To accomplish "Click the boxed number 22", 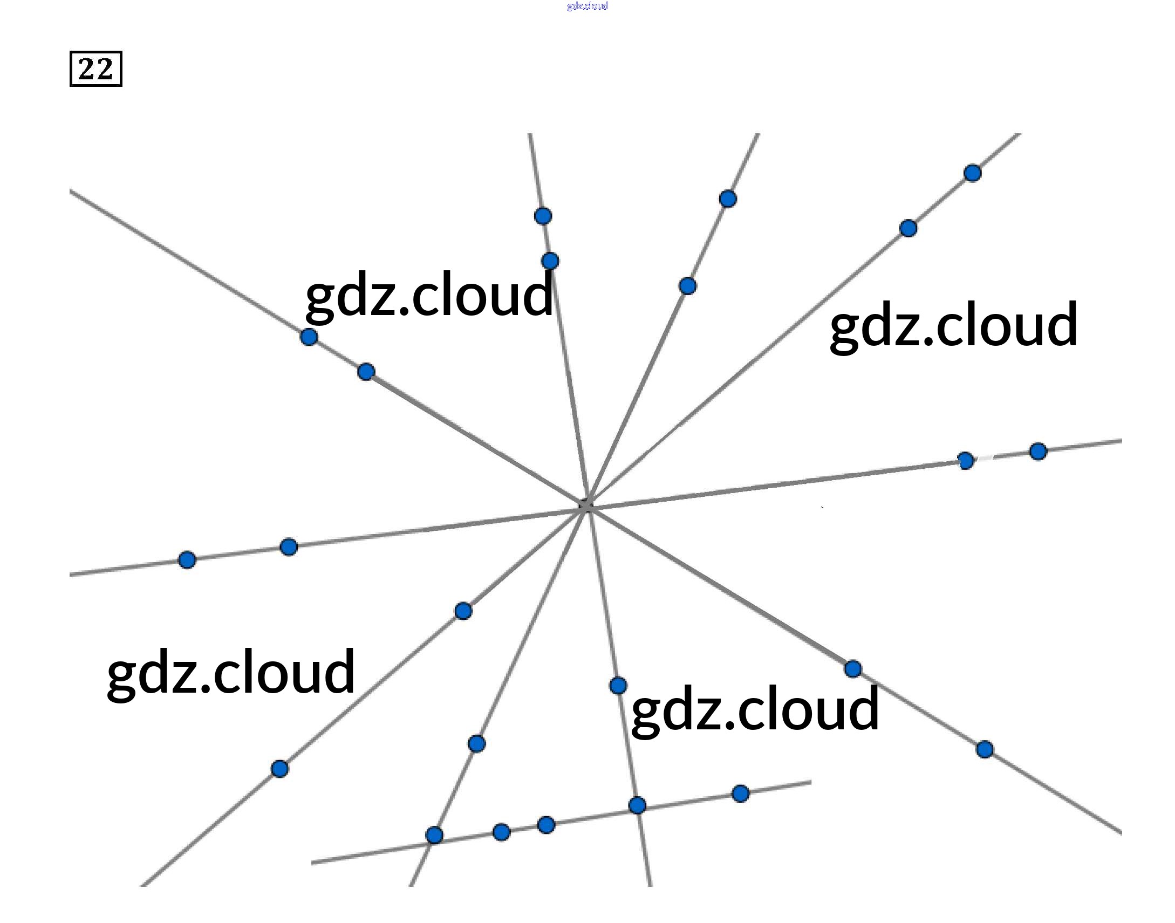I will [95, 69].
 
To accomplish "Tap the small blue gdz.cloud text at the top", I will [587, 6].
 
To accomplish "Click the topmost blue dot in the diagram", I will [972, 173].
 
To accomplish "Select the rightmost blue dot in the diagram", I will [1038, 450].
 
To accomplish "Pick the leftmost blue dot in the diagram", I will [187, 559].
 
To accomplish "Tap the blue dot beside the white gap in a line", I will [966, 460].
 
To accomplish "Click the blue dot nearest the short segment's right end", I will [741, 794].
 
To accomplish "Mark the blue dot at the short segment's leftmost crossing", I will [434, 835].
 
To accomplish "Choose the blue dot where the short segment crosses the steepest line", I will [637, 805].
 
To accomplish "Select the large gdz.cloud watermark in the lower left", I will [231, 672].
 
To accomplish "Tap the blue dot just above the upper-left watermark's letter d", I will [550, 261].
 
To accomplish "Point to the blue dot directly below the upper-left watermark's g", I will [309, 337].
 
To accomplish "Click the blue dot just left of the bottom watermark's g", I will [618, 686].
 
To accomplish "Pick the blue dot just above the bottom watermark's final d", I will [853, 668].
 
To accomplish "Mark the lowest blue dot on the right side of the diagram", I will [985, 749].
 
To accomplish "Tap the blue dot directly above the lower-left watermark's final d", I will [463, 611].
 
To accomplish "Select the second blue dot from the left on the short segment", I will [502, 832].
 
